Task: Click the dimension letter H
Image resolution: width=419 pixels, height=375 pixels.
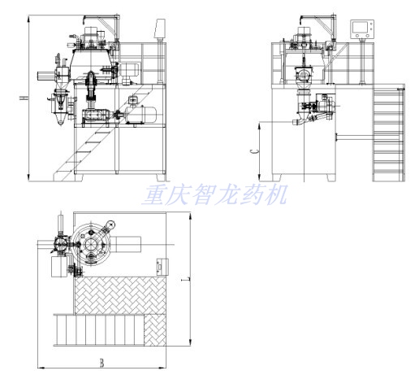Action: tap(24, 98)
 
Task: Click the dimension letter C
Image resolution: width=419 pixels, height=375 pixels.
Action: tap(255, 151)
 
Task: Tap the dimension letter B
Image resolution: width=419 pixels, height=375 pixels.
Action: tap(102, 363)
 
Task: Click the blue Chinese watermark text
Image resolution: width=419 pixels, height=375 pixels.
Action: tap(214, 194)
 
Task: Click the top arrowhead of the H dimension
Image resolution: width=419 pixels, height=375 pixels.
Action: tap(28, 19)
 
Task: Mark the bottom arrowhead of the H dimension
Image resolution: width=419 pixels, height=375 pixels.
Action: tap(28, 177)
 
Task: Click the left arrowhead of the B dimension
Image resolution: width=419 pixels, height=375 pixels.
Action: tap(41, 368)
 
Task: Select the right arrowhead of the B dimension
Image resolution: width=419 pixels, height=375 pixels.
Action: tap(162, 368)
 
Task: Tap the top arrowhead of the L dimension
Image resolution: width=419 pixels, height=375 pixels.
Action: tap(191, 216)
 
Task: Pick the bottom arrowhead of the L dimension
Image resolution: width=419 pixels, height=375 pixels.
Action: tap(191, 342)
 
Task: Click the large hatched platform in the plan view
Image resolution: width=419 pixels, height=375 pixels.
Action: tap(120, 295)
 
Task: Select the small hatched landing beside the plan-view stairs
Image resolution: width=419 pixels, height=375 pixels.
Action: tap(155, 330)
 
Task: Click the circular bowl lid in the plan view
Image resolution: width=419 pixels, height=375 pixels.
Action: tap(91, 244)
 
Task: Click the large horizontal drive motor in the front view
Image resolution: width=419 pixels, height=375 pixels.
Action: tap(140, 115)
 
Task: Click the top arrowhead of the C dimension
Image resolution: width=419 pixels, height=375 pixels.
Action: tap(260, 125)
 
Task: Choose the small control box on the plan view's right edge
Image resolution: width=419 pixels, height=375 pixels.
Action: tap(162, 267)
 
